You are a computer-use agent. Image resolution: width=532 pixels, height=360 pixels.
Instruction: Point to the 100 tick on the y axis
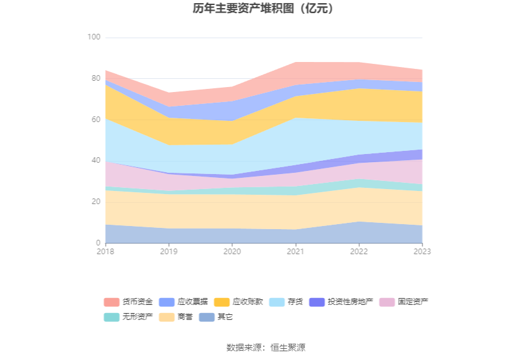pyautogui.click(x=94, y=38)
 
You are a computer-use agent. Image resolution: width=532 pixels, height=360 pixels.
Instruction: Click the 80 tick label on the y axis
pyautogui.click(x=96, y=79)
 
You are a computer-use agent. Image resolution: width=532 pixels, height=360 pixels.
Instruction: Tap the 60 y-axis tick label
pyautogui.click(x=96, y=120)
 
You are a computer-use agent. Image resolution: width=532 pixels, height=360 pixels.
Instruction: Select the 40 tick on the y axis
pyautogui.click(x=96, y=161)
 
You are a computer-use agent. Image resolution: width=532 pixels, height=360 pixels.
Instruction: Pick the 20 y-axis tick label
pyautogui.click(x=96, y=202)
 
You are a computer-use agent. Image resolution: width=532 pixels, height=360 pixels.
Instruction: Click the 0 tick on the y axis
pyautogui.click(x=98, y=243)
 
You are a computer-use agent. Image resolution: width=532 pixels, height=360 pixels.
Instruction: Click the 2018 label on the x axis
pyautogui.click(x=105, y=252)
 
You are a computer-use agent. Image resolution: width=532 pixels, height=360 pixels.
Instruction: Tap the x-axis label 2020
pyautogui.click(x=232, y=252)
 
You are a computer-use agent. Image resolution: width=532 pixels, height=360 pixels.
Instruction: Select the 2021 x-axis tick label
pyautogui.click(x=295, y=252)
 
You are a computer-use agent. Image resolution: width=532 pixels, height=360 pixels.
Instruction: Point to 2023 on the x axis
pyautogui.click(x=422, y=252)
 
